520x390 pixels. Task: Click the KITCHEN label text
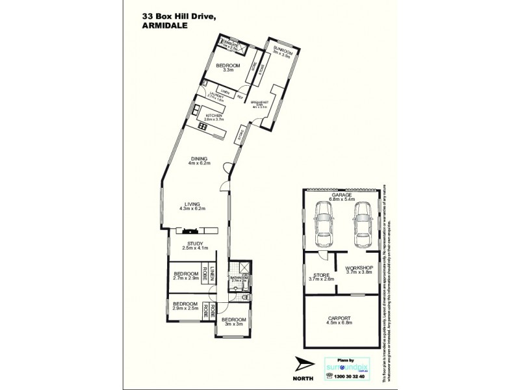[214, 115]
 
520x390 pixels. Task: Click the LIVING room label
[192, 203]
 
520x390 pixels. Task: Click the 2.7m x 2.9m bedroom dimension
[185, 278]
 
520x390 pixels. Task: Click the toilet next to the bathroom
[244, 296]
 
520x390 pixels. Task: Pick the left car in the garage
[323, 224]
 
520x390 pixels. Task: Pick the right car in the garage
[361, 224]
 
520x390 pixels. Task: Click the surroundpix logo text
[350, 367]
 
